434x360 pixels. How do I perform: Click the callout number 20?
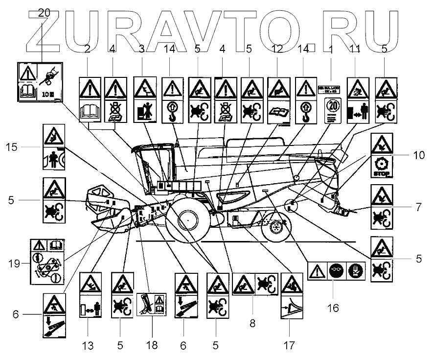point(44,13)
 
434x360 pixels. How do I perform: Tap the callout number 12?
point(277,49)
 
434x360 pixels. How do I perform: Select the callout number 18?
point(151,345)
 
